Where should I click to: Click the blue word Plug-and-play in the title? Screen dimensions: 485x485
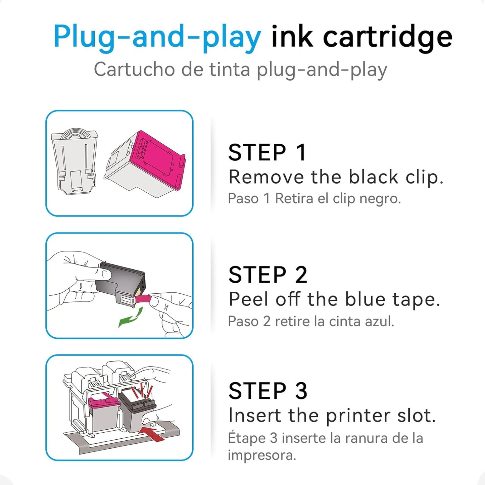coord(157,37)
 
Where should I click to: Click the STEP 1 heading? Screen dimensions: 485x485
coord(267,153)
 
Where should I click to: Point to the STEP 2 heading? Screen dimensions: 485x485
coord(268,275)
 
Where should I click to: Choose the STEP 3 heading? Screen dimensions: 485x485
coord(268,391)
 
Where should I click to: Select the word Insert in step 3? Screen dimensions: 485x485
coord(254,416)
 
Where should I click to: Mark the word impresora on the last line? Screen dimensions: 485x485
coord(262,455)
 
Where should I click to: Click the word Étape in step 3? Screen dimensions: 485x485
coord(247,438)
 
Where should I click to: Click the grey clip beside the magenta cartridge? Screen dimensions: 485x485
coord(75,161)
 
